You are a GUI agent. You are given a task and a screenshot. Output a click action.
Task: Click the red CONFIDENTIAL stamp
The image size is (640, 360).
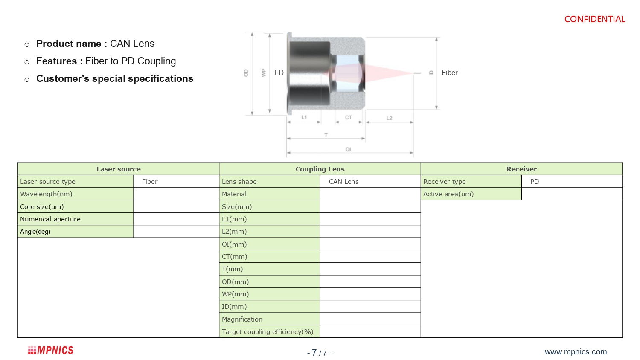(x=595, y=19)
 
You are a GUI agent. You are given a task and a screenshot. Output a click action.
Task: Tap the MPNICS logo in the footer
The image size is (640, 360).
(x=51, y=350)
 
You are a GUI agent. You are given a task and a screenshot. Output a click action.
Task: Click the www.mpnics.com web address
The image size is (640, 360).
(x=576, y=352)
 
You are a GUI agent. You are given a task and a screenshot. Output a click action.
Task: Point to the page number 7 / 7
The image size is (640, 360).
(x=320, y=353)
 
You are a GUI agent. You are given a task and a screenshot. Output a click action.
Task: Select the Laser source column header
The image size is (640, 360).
(x=118, y=169)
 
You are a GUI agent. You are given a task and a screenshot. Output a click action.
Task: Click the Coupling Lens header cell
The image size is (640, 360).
(x=320, y=169)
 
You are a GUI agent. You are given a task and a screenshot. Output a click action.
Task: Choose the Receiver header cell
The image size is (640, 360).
(x=521, y=169)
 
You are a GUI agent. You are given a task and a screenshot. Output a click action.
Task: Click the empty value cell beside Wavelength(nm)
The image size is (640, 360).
(x=176, y=194)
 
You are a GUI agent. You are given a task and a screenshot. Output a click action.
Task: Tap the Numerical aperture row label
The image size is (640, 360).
(x=50, y=219)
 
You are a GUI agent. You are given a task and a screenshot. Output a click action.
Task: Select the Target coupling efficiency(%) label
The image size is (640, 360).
(x=268, y=332)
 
